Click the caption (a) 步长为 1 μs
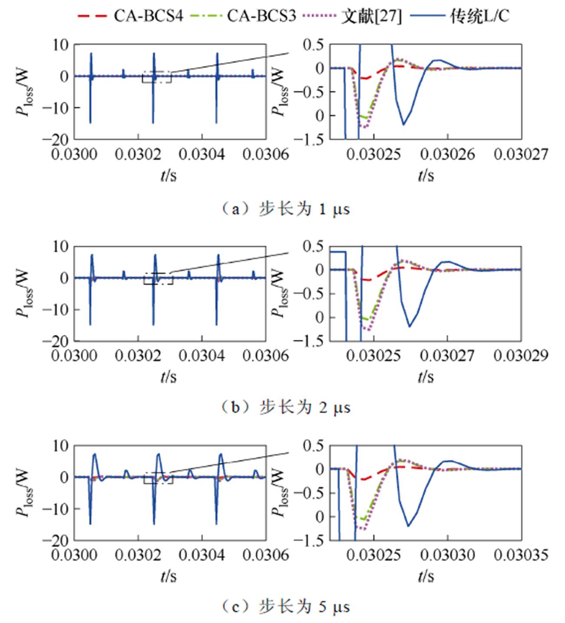click(285, 209)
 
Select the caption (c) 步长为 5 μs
click(285, 606)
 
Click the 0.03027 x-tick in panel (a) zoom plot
click(521, 154)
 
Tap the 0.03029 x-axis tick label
click(521, 356)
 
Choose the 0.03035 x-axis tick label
click(521, 555)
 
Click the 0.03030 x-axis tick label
click(447, 555)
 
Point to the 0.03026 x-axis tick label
click(447, 154)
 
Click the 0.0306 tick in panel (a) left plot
click(266, 154)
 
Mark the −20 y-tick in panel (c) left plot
click(56, 540)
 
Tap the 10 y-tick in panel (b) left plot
click(60, 246)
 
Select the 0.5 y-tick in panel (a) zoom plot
click(314, 45)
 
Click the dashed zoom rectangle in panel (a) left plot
click(156, 77)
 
